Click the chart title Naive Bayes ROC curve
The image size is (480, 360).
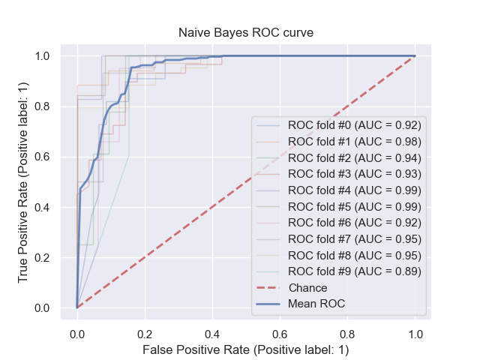click(x=239, y=34)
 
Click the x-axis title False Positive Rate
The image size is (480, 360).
click(x=239, y=349)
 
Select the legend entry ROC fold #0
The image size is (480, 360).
click(x=355, y=124)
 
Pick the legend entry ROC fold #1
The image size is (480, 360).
click(x=355, y=141)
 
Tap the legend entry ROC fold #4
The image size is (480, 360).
click(x=355, y=190)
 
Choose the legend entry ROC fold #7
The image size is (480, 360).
click(x=355, y=238)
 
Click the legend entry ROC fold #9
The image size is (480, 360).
click(x=355, y=271)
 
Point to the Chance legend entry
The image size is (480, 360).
click(x=307, y=287)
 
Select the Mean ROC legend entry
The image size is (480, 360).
click(x=316, y=304)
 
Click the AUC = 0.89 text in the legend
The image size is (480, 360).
click(x=391, y=271)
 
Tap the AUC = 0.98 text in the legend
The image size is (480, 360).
click(x=391, y=141)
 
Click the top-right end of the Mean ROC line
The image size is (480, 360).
click(x=415, y=56)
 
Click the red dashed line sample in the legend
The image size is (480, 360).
click(x=268, y=287)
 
